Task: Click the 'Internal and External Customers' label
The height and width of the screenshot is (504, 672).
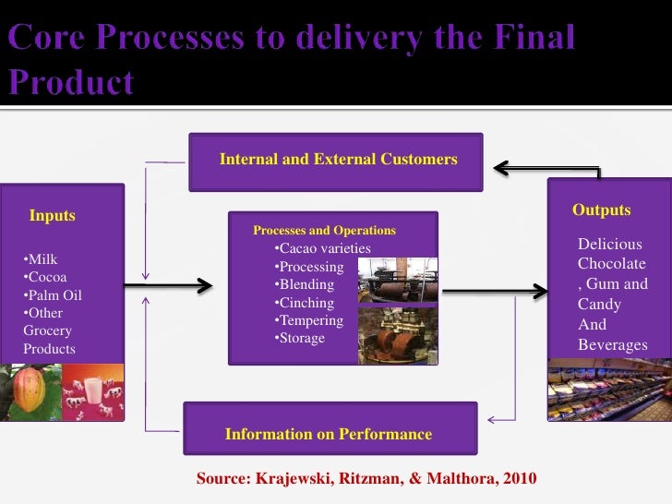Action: (x=338, y=160)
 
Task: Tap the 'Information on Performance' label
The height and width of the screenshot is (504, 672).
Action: (x=328, y=434)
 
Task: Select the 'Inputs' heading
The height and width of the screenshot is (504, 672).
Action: (x=53, y=216)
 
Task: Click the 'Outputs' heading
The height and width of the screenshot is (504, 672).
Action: (x=601, y=210)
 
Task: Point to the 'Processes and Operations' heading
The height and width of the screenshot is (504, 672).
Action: (x=324, y=231)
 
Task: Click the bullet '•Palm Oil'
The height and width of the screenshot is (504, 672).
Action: (x=53, y=295)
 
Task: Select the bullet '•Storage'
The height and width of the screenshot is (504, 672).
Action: (x=300, y=338)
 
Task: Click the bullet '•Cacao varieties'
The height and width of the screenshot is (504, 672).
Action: (x=322, y=249)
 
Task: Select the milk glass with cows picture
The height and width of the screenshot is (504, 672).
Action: (x=93, y=391)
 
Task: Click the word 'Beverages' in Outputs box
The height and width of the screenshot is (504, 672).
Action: (x=612, y=345)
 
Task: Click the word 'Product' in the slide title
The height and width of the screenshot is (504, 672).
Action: (x=71, y=83)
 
